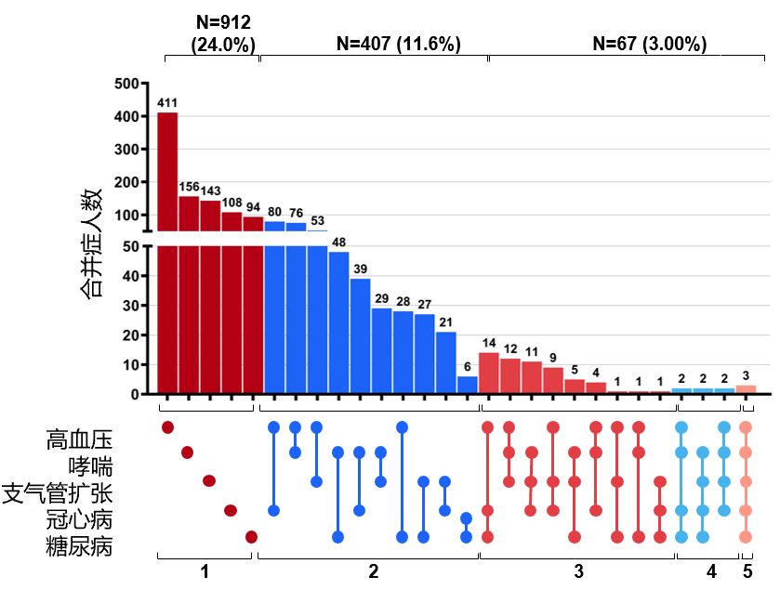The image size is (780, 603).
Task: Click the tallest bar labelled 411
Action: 167,251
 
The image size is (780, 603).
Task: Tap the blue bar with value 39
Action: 360,335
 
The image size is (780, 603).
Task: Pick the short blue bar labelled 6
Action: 467,385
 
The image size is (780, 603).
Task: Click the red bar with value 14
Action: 489,373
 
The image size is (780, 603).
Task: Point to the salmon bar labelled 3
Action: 746,389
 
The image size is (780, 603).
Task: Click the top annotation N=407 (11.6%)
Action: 398,44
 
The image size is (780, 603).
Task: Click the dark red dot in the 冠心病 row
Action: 231,510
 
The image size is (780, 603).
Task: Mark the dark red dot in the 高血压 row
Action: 167,427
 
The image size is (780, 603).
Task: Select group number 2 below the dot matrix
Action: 373,572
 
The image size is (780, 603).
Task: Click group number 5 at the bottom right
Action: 747,572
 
